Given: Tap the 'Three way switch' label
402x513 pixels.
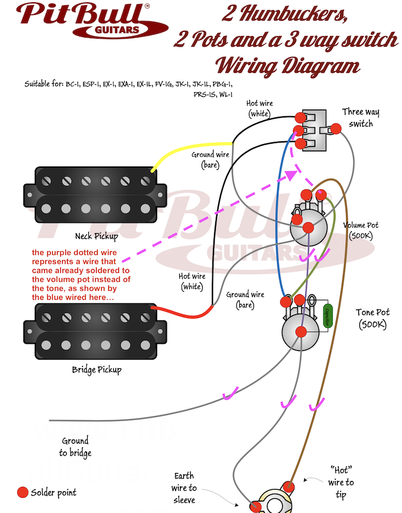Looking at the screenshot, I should click(x=360, y=118).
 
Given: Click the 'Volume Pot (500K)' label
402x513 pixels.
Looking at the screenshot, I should click(x=361, y=230).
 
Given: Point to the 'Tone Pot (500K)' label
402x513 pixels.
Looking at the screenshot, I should click(x=372, y=318).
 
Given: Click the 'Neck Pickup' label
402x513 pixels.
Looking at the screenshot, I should click(x=96, y=235).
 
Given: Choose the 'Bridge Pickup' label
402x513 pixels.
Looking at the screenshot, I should click(x=96, y=369).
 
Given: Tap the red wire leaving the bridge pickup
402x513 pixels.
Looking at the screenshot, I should click(x=182, y=312).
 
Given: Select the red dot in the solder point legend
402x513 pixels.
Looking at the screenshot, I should click(x=22, y=492).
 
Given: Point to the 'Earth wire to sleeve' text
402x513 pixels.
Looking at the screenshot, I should click(x=184, y=487).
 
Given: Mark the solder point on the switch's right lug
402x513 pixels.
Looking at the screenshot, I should click(x=336, y=129).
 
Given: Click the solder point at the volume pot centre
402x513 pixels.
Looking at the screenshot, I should click(x=308, y=227).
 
